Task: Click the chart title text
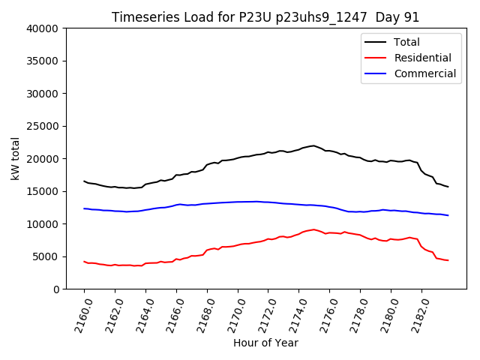[265, 17]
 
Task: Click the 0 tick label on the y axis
[57, 289]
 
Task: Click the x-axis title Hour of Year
[265, 343]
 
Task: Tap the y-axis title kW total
[16, 158]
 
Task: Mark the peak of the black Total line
[313, 145]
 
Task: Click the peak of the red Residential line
[313, 229]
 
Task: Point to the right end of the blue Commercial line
[448, 215]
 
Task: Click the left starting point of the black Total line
[84, 181]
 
